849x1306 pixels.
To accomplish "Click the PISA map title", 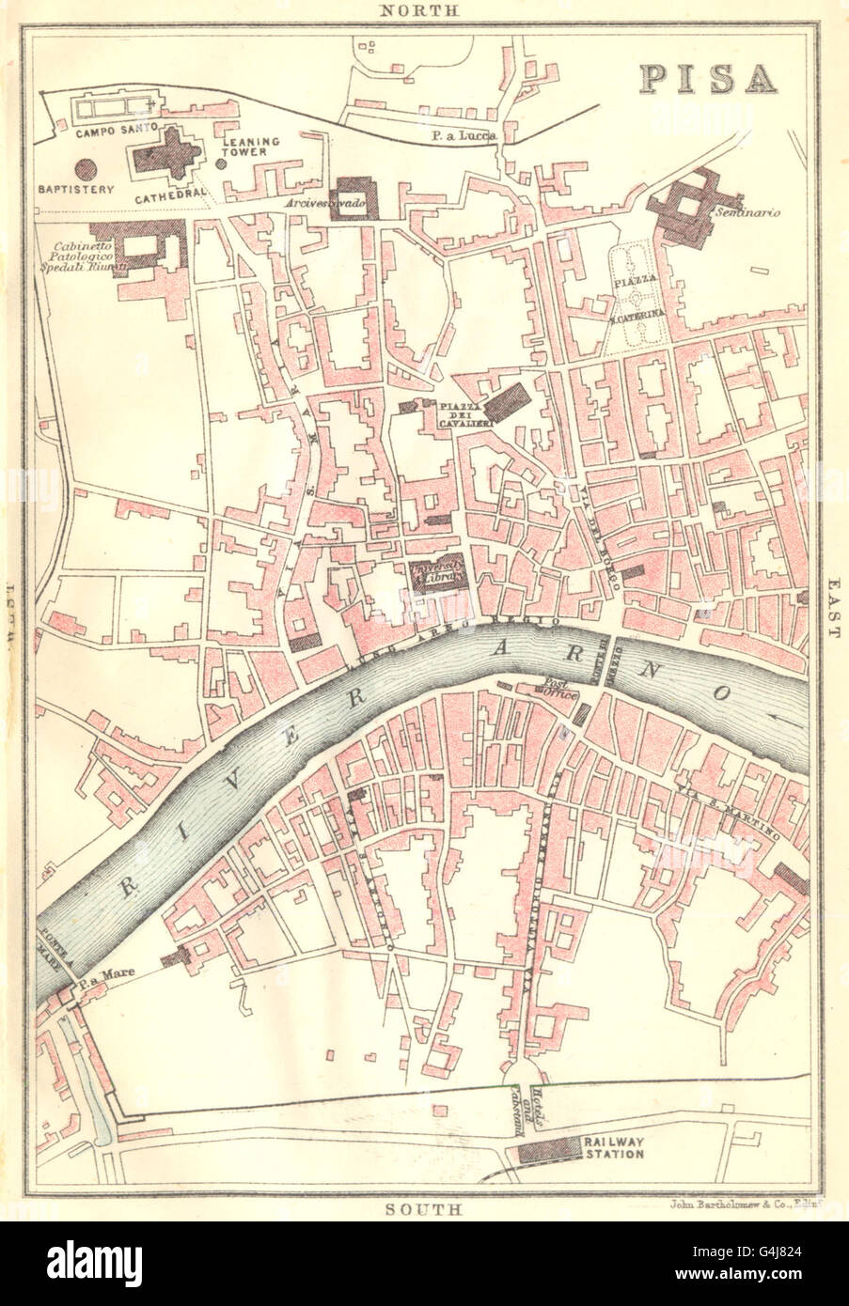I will pos(710,81).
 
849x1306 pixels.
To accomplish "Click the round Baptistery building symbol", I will pos(86,169).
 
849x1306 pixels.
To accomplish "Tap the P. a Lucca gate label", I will pos(464,136).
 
